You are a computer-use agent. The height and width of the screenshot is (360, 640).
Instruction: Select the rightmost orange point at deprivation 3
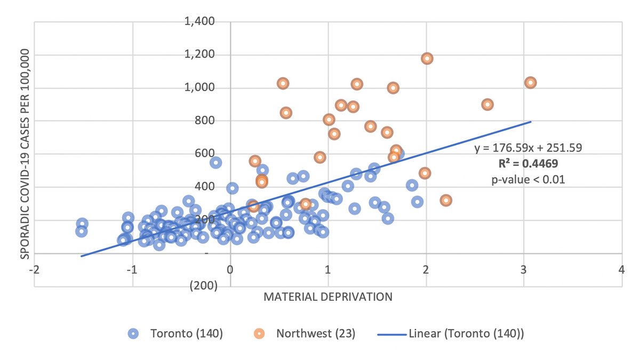pos(530,83)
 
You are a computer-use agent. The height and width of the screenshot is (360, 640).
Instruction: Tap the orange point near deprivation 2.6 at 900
pos(487,105)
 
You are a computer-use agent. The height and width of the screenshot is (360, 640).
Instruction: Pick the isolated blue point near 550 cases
pos(215,163)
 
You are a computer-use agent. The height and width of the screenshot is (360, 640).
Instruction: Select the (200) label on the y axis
pos(203,286)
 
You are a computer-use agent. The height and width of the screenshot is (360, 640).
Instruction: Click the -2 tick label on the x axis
pos(34,270)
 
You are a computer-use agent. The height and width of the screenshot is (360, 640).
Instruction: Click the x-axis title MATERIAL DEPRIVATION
pos(328,297)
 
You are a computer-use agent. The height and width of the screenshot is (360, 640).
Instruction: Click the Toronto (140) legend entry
pos(175,334)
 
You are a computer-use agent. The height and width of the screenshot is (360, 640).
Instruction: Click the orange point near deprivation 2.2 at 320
pos(446,201)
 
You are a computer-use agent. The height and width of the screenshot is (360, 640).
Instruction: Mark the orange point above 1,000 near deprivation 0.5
pos(283,83)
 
